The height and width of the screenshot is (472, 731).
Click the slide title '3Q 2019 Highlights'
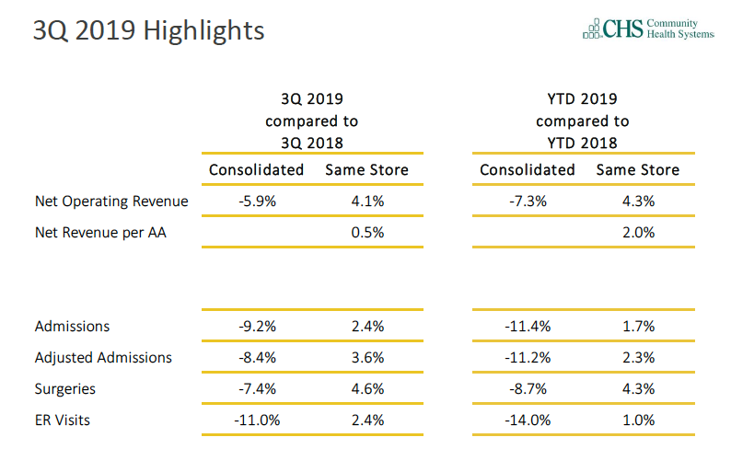coord(148,31)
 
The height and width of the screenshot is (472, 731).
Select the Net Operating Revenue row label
coord(111,201)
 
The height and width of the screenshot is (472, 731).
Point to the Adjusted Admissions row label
coord(103,357)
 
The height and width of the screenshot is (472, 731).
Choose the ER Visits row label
coord(63,420)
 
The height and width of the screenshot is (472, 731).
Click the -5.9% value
coord(256,201)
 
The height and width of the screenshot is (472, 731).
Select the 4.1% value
coord(366,201)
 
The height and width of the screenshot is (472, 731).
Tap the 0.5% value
coord(366,233)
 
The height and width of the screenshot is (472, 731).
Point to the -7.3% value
coord(528,201)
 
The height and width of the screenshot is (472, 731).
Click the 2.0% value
coord(637,233)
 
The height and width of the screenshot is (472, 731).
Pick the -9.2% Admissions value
coord(256,327)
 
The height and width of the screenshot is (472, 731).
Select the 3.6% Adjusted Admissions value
coord(366,357)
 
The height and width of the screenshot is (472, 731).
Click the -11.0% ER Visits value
coord(256,420)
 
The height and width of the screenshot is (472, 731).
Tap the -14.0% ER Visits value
coord(528,420)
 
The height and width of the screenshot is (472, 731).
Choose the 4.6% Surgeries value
coord(366,389)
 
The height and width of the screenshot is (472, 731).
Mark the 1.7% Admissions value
coord(637,327)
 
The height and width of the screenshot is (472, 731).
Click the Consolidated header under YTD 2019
coord(528,170)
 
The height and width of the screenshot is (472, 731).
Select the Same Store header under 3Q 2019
coord(366,170)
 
